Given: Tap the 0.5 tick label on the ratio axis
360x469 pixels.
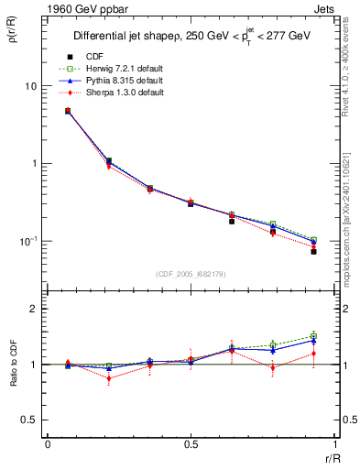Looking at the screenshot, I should tap(29, 420).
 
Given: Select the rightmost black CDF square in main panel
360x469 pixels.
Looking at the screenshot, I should tap(313, 251).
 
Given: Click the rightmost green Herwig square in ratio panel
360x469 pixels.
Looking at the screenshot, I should tap(313, 336).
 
